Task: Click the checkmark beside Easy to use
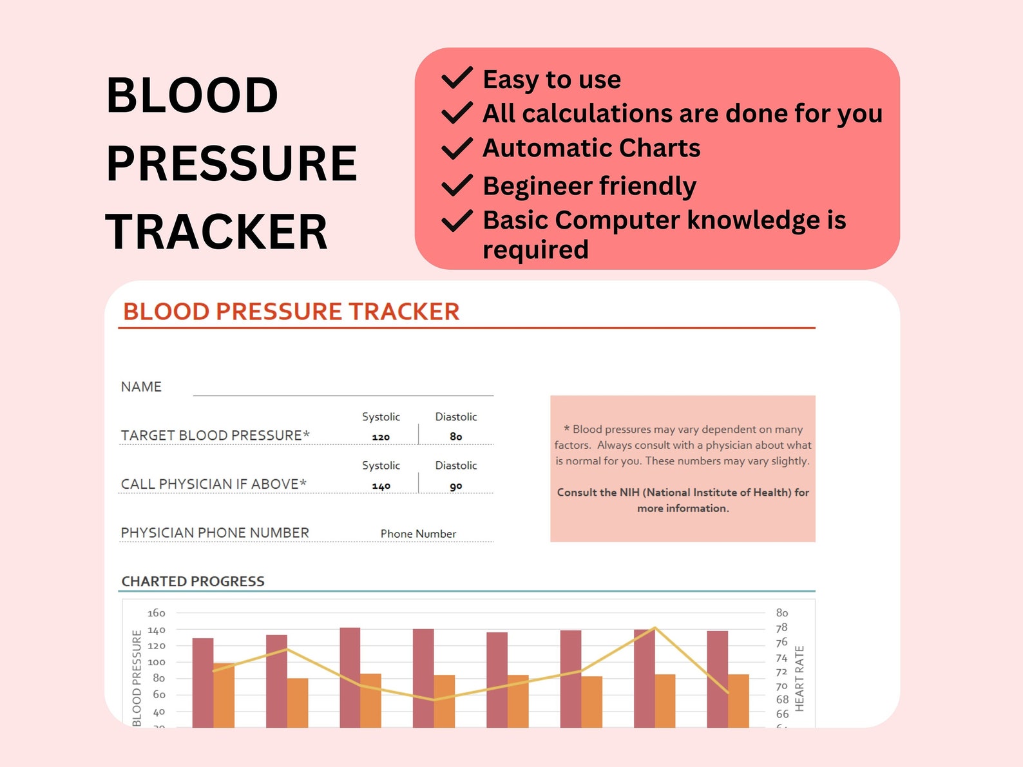(x=457, y=78)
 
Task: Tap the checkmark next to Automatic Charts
(x=457, y=148)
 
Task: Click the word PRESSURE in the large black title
(x=232, y=163)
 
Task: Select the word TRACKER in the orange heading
(x=404, y=312)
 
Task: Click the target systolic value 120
(x=381, y=437)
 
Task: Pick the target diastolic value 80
(x=456, y=437)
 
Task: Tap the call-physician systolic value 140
(x=381, y=486)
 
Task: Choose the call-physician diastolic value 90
(x=456, y=486)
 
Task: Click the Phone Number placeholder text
(x=418, y=534)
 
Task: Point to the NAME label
(x=141, y=386)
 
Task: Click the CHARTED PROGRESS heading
(x=193, y=581)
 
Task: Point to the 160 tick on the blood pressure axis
(x=156, y=613)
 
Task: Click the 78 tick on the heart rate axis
(x=781, y=628)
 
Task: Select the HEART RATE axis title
(x=799, y=679)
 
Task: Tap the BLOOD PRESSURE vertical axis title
(x=137, y=678)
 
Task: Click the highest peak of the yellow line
(x=655, y=628)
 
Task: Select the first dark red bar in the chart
(x=203, y=683)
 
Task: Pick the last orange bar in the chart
(x=738, y=701)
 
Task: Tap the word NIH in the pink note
(x=630, y=492)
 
